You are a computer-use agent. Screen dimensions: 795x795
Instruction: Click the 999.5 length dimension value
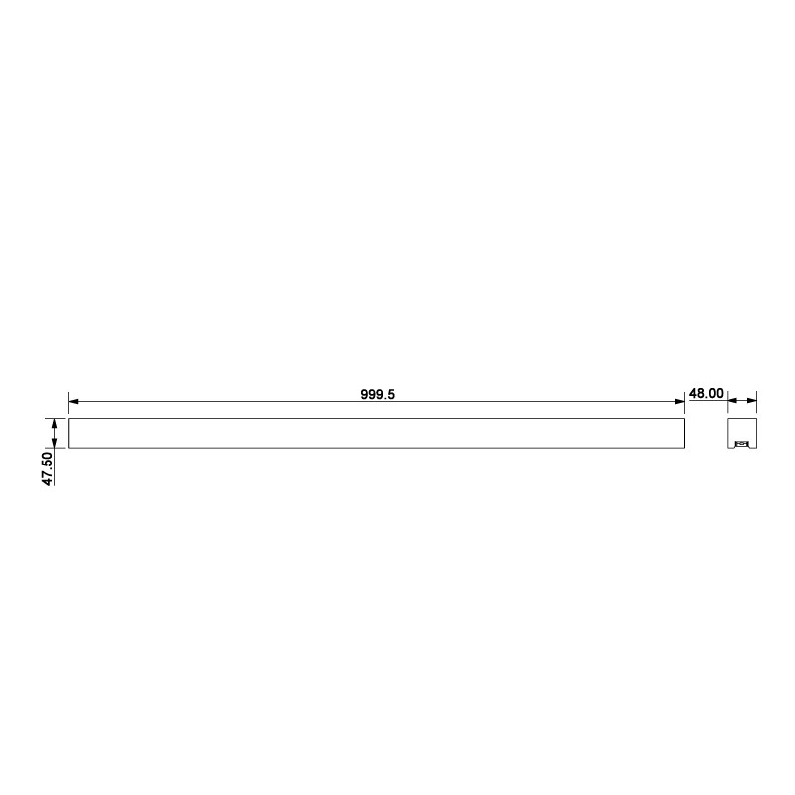coord(378,394)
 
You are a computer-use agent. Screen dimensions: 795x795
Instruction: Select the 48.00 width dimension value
coord(706,393)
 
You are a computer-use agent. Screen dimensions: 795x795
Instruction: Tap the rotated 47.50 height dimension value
coord(48,469)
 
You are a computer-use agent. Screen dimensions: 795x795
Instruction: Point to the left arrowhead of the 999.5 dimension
coord(74,402)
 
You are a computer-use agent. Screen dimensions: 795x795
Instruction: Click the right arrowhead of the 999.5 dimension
coord(680,402)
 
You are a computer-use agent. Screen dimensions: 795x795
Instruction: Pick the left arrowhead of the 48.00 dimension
coord(732,401)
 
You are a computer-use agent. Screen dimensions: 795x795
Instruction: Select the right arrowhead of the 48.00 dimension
coord(752,401)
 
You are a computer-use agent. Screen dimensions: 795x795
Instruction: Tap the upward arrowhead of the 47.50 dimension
coord(55,424)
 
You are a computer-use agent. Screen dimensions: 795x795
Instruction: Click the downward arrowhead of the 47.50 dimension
coord(55,443)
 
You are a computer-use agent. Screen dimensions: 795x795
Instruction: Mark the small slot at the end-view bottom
coord(741,444)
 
